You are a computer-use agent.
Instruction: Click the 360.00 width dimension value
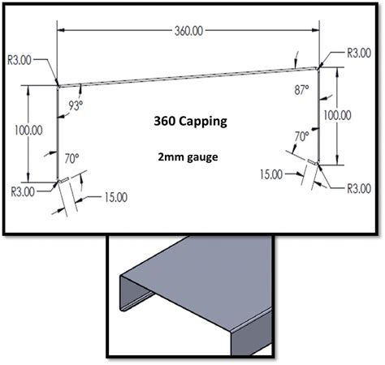click(187, 32)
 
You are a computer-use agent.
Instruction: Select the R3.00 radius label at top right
click(359, 52)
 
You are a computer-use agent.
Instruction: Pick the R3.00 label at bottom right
click(359, 187)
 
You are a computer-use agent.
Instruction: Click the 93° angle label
click(76, 105)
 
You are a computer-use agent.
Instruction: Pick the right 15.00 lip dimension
click(272, 173)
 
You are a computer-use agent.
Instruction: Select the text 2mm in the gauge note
click(174, 155)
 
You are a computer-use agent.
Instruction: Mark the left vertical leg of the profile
click(58, 130)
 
